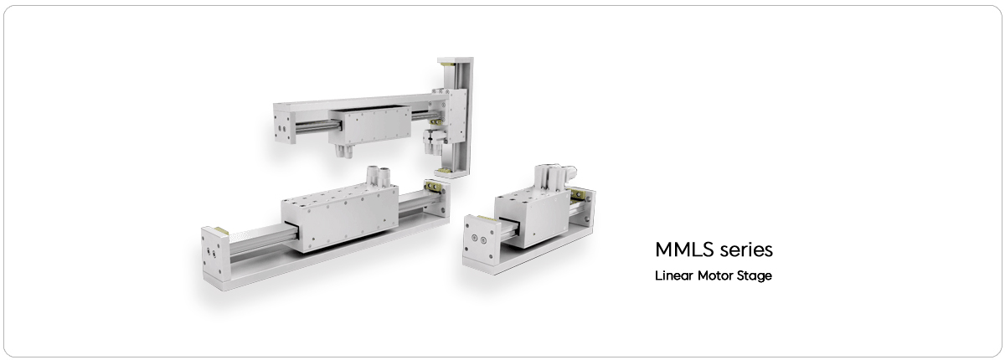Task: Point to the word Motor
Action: coord(714,275)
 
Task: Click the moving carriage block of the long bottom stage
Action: coord(340,216)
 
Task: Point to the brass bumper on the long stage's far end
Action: coord(432,186)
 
